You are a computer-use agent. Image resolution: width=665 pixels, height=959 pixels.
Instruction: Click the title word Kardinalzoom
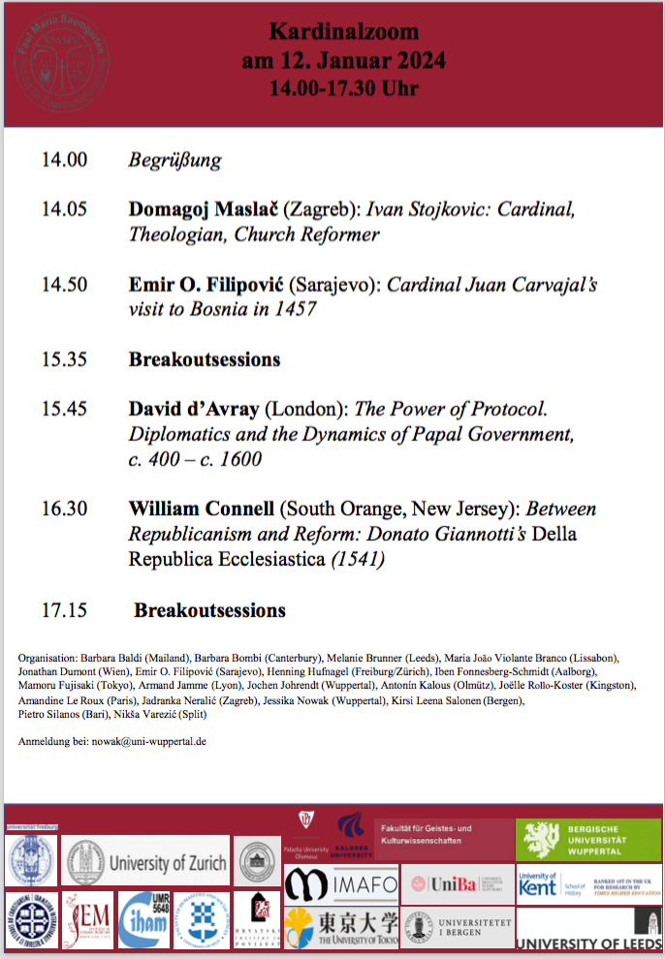pyautogui.click(x=343, y=32)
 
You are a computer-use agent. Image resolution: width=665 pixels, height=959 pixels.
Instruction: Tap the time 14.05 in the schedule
pyautogui.click(x=64, y=208)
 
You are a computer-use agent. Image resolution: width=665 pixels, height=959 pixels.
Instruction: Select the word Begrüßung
pyautogui.click(x=174, y=160)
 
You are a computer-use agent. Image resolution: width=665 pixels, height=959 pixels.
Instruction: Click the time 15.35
pyautogui.click(x=64, y=359)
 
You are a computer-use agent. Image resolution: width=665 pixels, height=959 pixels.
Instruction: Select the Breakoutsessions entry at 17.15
pyautogui.click(x=209, y=610)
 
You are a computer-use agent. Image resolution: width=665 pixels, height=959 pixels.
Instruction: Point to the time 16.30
pyautogui.click(x=64, y=509)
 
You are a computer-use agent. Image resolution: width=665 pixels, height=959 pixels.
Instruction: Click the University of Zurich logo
pyautogui.click(x=146, y=861)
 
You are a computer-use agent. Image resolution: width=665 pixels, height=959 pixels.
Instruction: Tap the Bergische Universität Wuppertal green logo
pyautogui.click(x=588, y=840)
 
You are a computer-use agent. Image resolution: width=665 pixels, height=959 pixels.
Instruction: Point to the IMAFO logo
pyautogui.click(x=328, y=883)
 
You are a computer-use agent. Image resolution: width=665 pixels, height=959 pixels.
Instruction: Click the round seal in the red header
pyautogui.click(x=61, y=62)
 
